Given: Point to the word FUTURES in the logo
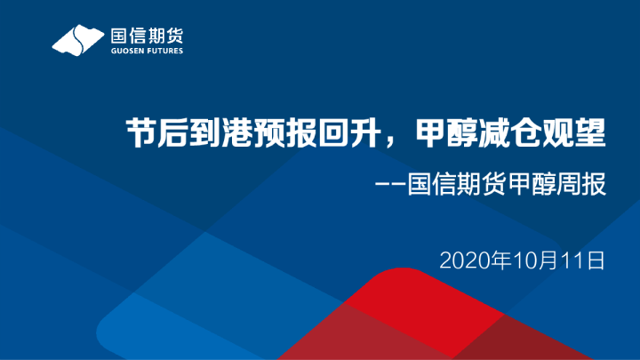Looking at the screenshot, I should [x=165, y=52].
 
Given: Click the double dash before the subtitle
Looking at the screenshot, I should [x=390, y=188].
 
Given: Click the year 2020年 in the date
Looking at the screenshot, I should [x=475, y=260].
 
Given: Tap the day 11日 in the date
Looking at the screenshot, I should [x=581, y=260].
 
